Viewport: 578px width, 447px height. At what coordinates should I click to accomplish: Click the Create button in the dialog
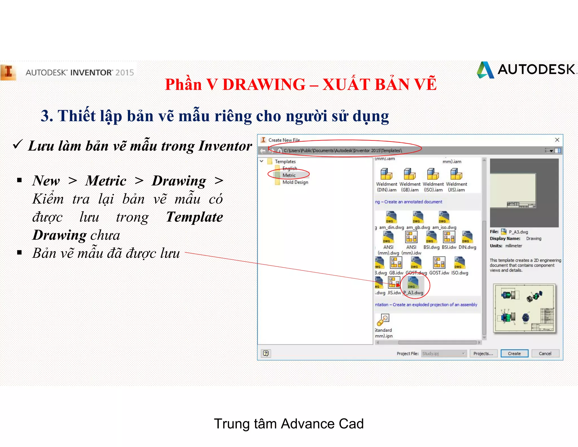point(514,353)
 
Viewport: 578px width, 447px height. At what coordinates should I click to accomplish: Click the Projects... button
point(483,353)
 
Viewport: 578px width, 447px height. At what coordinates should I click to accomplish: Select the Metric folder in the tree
point(289,175)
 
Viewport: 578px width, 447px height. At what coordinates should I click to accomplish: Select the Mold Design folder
point(295,182)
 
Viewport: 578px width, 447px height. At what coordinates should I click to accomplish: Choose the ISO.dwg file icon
point(459,263)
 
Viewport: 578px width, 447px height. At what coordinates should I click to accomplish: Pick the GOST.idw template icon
point(439,263)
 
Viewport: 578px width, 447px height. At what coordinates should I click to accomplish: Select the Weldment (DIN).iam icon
point(386,174)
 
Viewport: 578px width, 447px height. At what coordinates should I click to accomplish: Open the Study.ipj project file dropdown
point(463,353)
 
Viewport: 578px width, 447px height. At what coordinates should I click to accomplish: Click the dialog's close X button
point(557,140)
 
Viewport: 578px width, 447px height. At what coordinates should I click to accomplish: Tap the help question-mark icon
point(266,353)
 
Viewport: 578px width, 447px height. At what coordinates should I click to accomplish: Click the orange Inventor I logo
point(8,72)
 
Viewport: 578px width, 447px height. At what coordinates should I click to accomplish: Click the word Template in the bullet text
point(194,217)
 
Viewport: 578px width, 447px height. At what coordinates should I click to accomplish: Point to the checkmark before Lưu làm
point(17,144)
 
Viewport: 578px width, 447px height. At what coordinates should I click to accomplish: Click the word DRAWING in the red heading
point(264,84)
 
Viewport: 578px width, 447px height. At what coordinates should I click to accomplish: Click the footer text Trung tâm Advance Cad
point(288,424)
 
